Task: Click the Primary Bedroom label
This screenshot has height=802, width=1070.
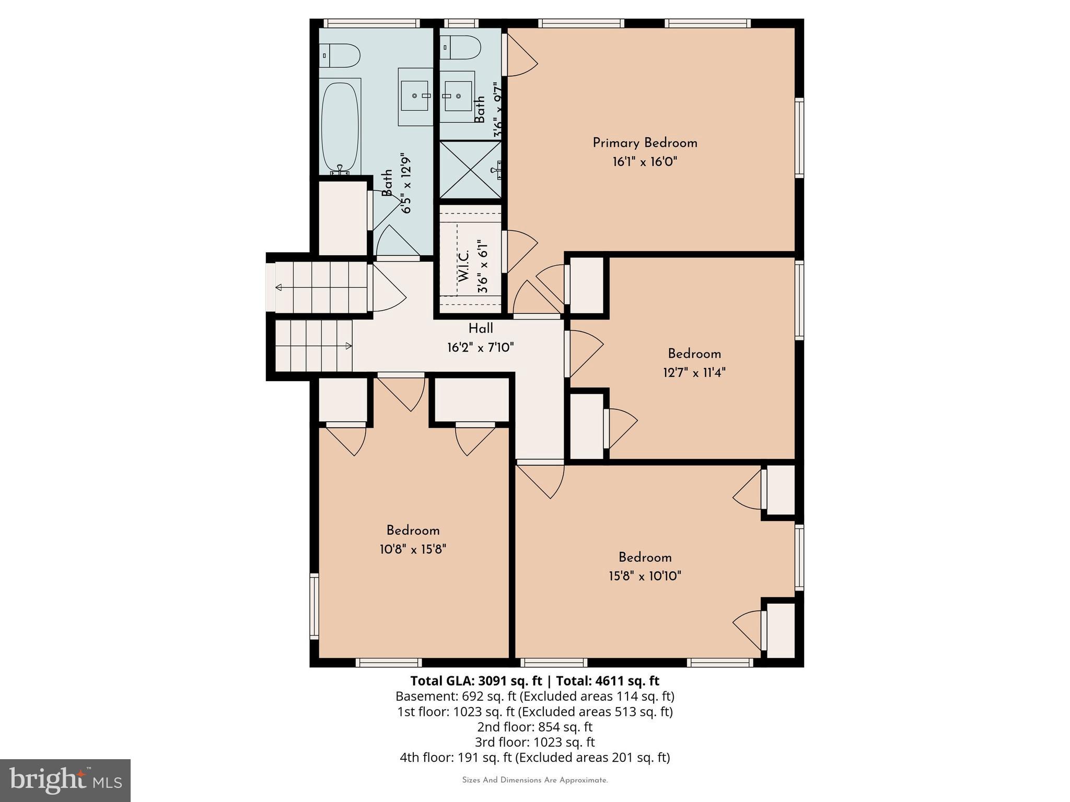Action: click(x=645, y=143)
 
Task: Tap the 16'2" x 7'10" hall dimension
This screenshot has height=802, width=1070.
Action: click(x=481, y=347)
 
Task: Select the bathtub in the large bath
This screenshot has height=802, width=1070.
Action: click(x=340, y=127)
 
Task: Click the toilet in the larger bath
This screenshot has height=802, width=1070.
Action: click(x=340, y=55)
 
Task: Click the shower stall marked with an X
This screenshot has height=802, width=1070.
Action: click(x=470, y=169)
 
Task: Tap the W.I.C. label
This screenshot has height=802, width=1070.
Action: click(x=464, y=266)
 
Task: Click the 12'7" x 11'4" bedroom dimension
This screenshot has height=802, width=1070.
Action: click(x=694, y=372)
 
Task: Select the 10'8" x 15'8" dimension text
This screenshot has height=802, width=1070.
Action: click(x=413, y=549)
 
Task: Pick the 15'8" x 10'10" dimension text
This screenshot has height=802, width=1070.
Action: click(x=645, y=576)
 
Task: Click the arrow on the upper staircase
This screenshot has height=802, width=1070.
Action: click(x=279, y=288)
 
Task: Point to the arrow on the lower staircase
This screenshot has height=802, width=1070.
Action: click(x=348, y=346)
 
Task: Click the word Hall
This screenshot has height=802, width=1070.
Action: click(x=481, y=328)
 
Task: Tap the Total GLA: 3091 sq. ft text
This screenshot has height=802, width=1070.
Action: click(x=476, y=681)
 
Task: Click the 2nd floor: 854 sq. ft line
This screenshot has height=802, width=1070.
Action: click(x=534, y=727)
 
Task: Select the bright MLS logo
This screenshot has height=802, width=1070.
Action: click(x=65, y=780)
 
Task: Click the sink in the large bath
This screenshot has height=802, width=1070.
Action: click(x=415, y=96)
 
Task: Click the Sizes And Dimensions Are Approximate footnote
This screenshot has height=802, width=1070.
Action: click(x=534, y=780)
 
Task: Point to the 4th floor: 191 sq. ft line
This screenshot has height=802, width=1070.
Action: click(x=534, y=757)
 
